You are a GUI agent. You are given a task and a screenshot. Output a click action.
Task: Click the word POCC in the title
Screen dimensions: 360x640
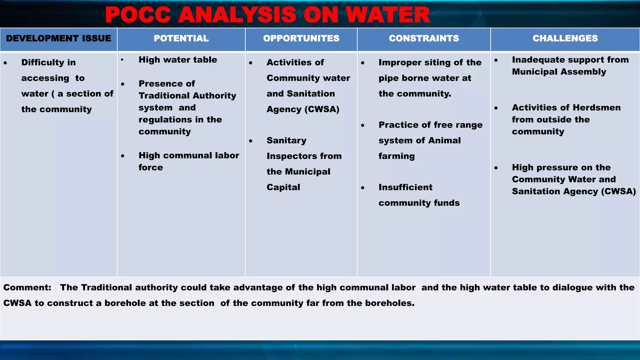138,15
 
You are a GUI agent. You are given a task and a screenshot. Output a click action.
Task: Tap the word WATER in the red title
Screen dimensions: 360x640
388,15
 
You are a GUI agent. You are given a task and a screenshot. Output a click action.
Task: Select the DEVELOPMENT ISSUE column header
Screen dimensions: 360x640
58,38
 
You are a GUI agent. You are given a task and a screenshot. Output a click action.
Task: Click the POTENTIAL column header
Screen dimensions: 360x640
181,38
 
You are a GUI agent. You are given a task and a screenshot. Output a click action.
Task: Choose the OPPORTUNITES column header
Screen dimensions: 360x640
301,38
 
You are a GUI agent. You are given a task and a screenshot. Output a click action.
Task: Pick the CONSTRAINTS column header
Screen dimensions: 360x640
424,38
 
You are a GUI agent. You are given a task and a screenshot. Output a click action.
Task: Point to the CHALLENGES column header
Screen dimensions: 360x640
565,38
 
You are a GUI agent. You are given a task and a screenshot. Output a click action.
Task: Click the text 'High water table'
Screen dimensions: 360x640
177,60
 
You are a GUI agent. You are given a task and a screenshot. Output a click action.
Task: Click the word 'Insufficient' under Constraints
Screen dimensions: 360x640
405,187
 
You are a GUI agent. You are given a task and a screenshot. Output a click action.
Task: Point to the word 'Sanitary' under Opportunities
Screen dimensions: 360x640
286,140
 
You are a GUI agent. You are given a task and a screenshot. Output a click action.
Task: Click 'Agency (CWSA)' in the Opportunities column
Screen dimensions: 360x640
303,109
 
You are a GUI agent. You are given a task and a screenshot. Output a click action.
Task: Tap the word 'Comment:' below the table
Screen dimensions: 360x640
27,287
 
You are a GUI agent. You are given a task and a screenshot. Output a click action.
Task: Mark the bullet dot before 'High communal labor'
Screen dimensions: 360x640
123,156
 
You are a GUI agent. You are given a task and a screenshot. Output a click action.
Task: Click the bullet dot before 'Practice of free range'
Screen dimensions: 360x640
362,125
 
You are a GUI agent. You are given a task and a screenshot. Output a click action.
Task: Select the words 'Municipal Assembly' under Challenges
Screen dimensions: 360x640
559,72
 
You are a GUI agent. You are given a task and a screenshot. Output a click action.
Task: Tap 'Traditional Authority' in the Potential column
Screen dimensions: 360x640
187,96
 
